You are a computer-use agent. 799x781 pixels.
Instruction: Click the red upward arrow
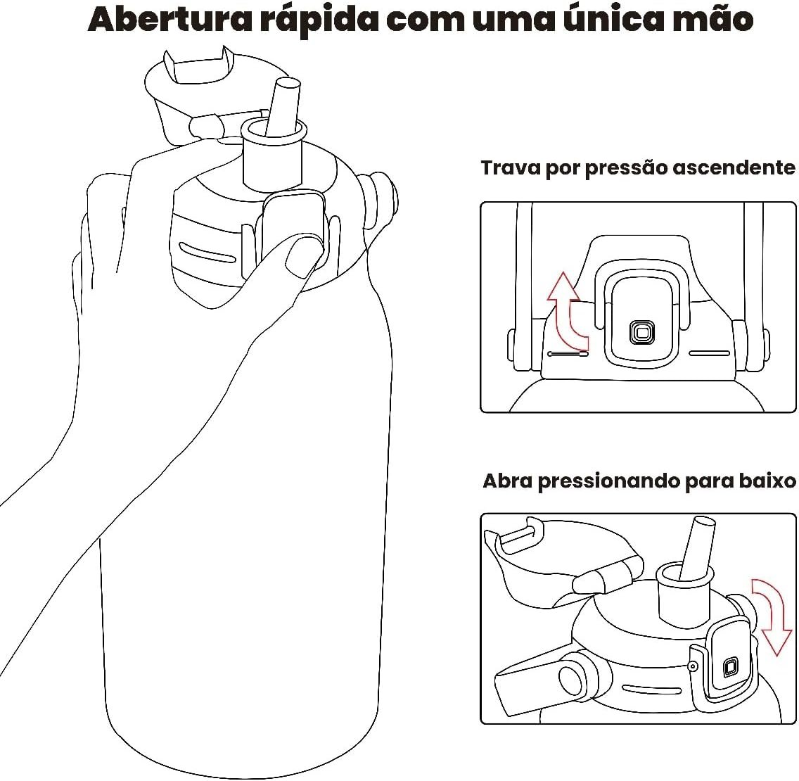click(567, 310)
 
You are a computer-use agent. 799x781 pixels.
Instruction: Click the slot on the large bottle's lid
click(207, 252)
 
